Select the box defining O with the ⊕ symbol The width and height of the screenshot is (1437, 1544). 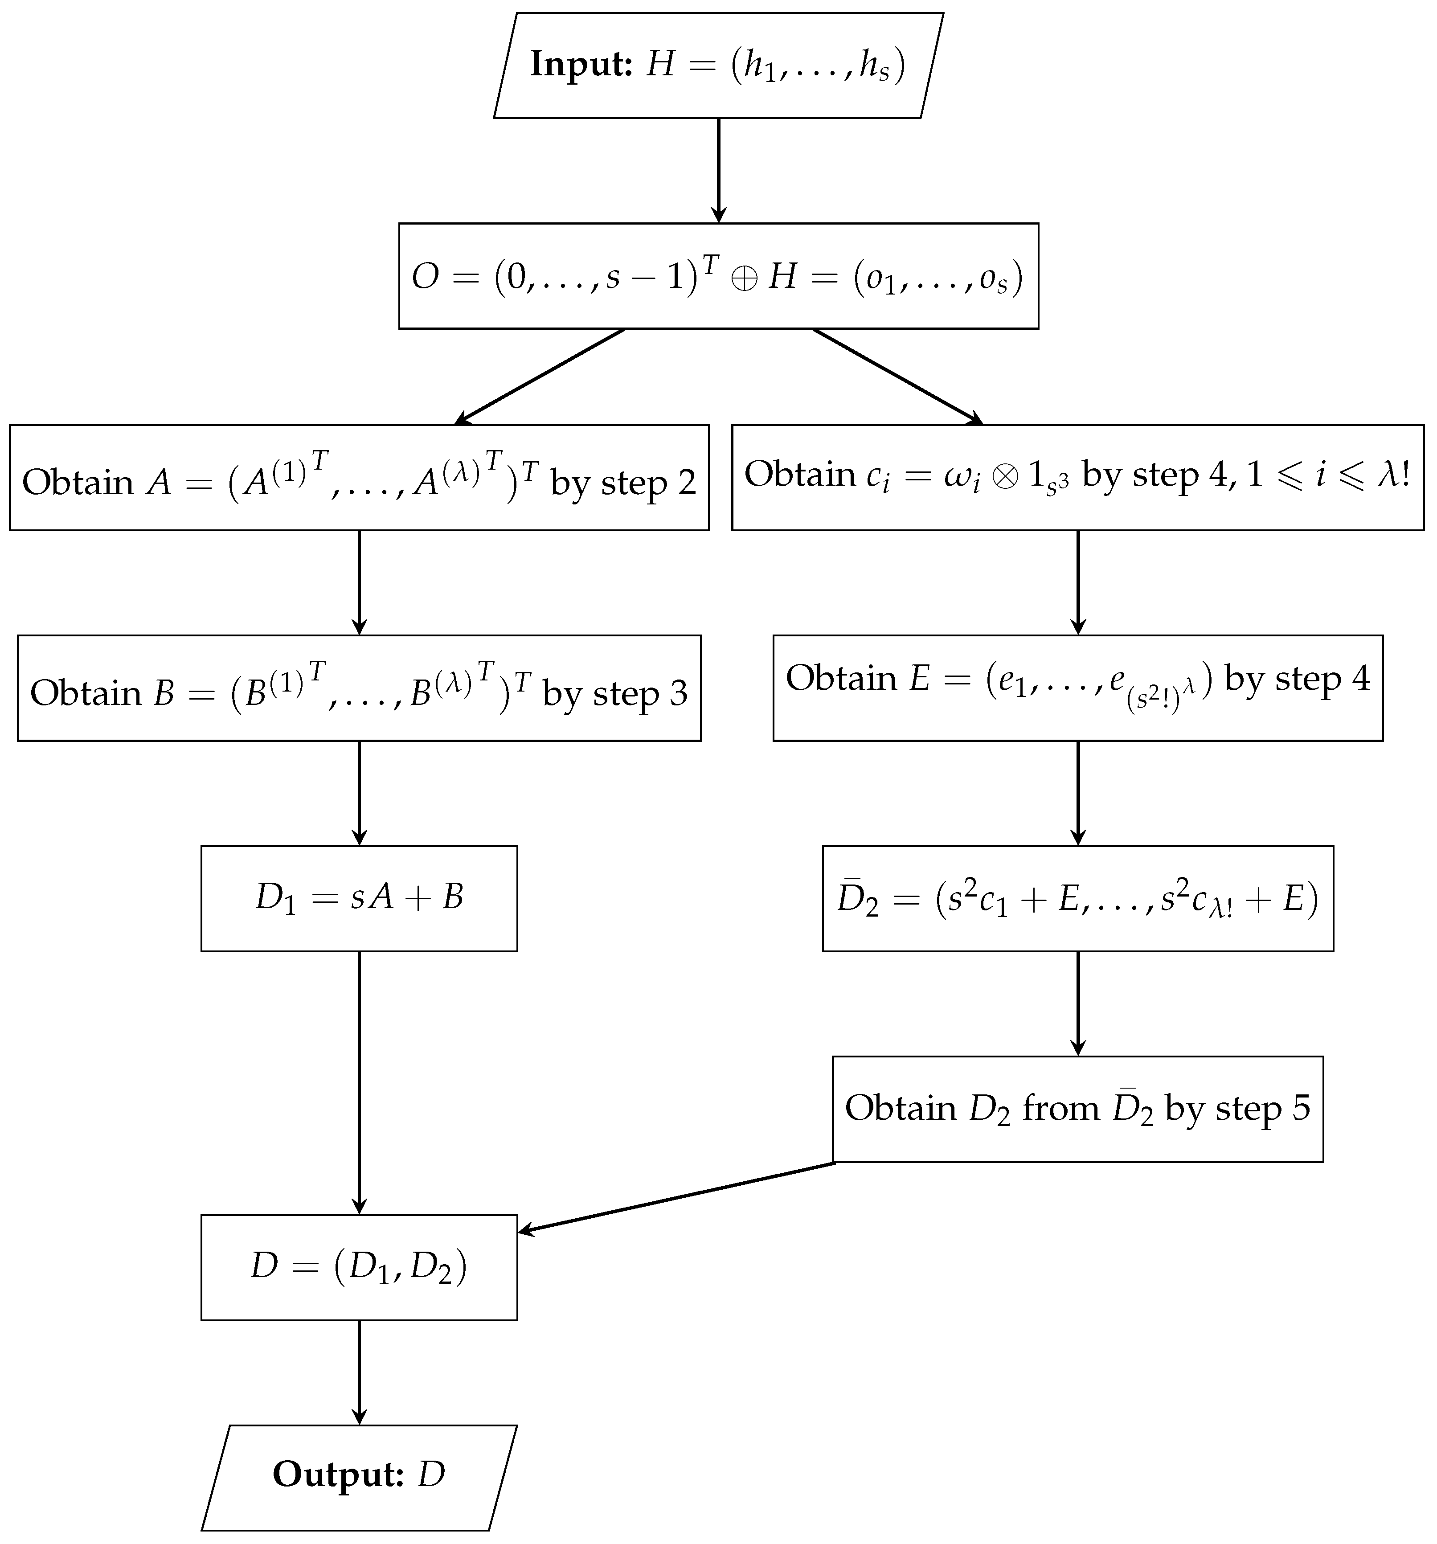718,276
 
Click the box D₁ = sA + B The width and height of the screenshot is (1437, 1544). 359,898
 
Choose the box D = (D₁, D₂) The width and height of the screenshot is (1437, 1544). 359,1267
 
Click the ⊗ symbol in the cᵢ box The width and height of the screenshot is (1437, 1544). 1004,475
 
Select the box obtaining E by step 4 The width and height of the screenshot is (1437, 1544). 1077,688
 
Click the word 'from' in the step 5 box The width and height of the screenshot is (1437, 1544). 1061,1108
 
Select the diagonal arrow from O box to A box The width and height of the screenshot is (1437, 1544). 540,376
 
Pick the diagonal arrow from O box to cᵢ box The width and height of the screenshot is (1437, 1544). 897,376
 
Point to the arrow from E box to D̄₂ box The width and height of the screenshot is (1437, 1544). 1077,792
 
